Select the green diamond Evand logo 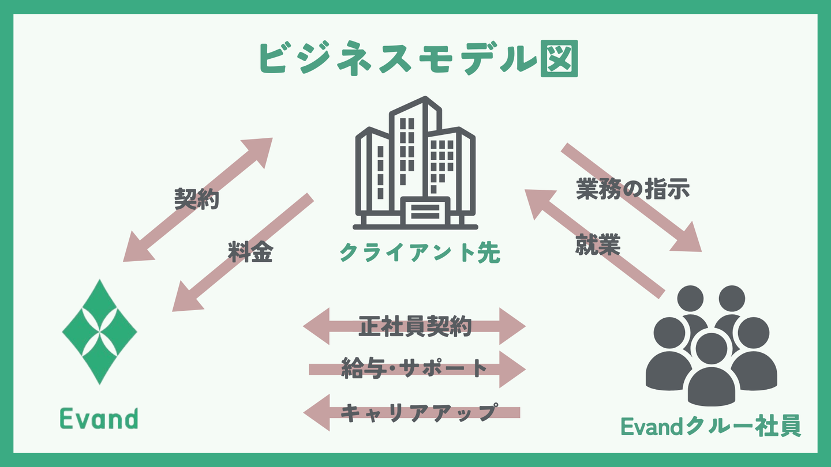tap(99, 332)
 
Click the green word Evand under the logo tap(99, 418)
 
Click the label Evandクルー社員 tap(710, 427)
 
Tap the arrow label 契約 tap(196, 199)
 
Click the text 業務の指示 tap(633, 189)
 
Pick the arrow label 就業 tap(597, 246)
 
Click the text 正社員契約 tap(415, 326)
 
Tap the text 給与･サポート tap(414, 368)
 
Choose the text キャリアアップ tap(418, 412)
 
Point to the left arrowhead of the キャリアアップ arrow tap(317, 412)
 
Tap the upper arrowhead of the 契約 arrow tap(260, 150)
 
